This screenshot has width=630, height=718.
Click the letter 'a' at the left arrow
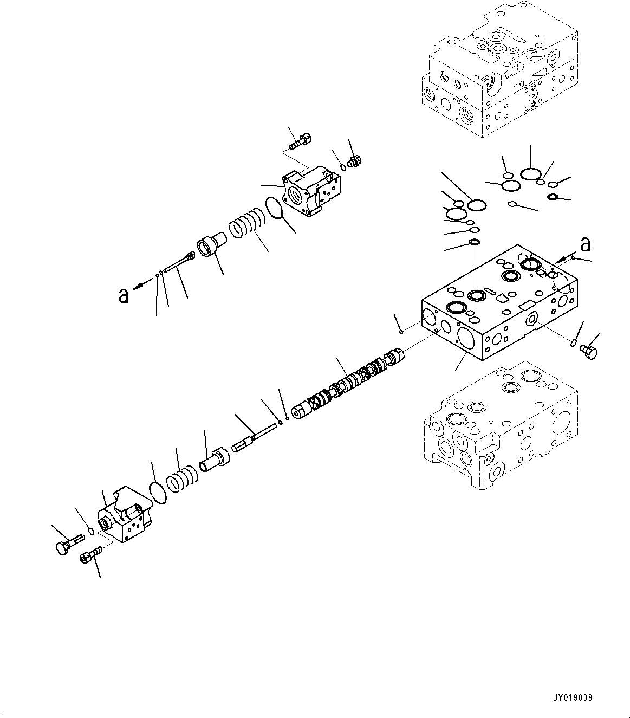click(124, 295)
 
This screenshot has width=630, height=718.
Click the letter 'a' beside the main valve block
click(585, 245)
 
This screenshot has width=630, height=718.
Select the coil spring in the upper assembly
click(246, 223)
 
